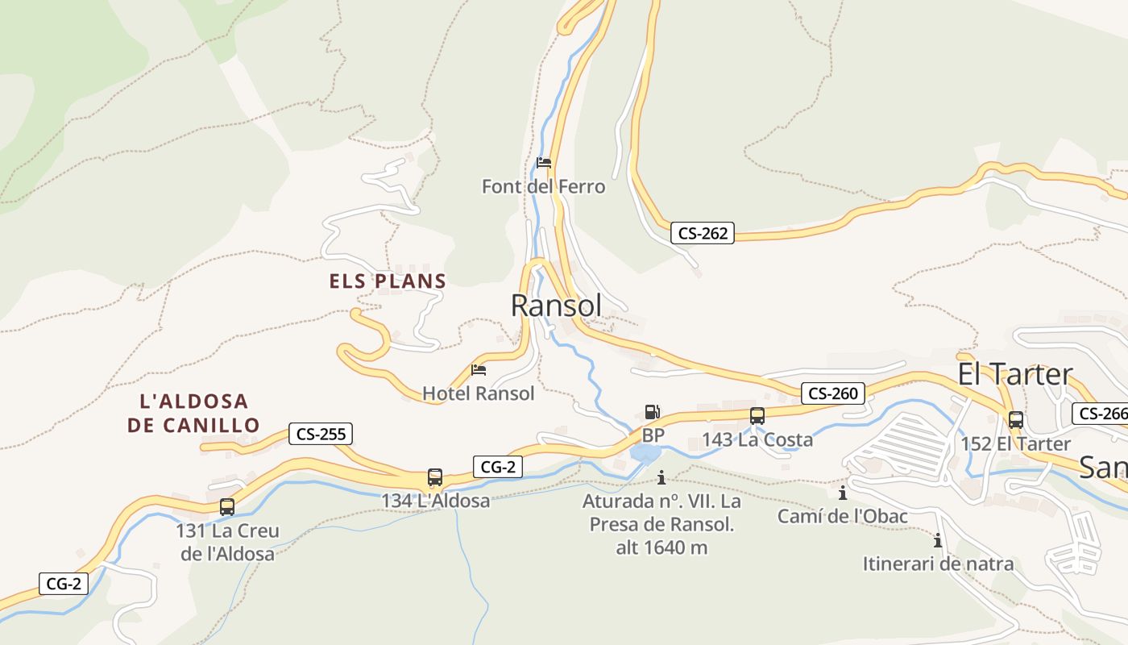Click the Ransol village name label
coord(556,306)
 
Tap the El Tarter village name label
coord(1014,374)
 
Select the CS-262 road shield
coord(703,234)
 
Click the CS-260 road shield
coord(833,393)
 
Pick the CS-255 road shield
coord(321,434)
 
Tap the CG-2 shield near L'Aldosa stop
coord(497,466)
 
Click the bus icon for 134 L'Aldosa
coord(435,477)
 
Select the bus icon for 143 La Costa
coord(757,416)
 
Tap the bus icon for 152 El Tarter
coord(1016,420)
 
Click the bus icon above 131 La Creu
coord(227,507)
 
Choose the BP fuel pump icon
coord(652,412)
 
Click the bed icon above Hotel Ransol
coord(479,370)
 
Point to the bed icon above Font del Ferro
coord(544,163)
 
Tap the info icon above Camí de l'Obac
coord(843,493)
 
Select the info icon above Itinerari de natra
coord(938,540)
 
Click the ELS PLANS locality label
coord(388,281)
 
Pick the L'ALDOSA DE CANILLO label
coord(193,413)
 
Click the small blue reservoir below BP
coord(645,454)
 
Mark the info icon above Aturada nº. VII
coord(661,477)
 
